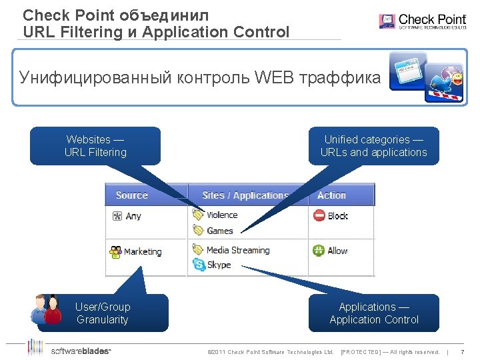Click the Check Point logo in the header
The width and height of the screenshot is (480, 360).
[x=422, y=21]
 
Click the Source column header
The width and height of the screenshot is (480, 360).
[x=131, y=195]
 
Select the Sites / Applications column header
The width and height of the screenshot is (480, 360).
[x=245, y=195]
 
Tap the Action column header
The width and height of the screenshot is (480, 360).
[x=331, y=195]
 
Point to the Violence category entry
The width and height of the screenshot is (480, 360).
[x=221, y=215]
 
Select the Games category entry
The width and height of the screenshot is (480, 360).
[x=219, y=231]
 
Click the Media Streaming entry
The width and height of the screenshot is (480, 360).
[x=237, y=250]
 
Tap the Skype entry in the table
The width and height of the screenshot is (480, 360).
[x=219, y=265]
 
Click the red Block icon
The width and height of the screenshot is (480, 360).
[x=319, y=216]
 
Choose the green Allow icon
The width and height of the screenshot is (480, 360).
[x=319, y=251]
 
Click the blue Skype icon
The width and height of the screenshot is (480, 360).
[x=199, y=265]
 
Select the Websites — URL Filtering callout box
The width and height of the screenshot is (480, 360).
[x=95, y=146]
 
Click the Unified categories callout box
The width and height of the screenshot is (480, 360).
[x=373, y=146]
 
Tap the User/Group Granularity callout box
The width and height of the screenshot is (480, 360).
[x=102, y=313]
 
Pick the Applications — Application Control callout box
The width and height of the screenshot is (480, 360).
[x=373, y=313]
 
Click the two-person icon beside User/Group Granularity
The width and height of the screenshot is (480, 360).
[x=46, y=309]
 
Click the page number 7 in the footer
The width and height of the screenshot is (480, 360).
[x=462, y=351]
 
